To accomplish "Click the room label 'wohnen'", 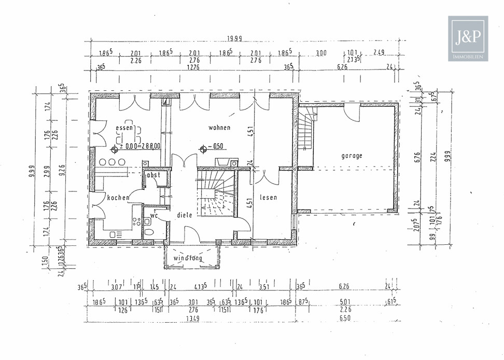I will [219, 127].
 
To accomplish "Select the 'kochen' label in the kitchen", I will [118, 198].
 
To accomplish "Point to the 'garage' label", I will [352, 156].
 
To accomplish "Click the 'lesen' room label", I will [269, 197].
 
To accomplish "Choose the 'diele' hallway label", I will [185, 214].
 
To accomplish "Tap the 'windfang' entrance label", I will [188, 258].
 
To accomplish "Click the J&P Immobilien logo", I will [468, 39].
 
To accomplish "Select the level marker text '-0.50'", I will [217, 147].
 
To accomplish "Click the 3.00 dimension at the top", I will [321, 53].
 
